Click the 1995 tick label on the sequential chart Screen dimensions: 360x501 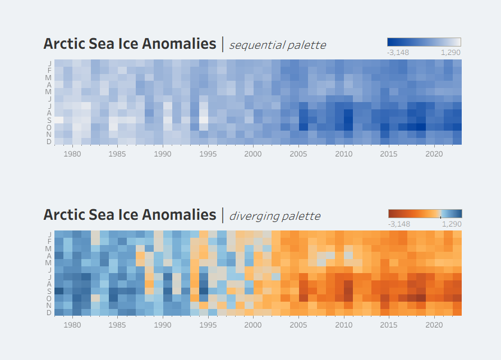208,153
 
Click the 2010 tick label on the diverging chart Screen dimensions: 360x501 343,325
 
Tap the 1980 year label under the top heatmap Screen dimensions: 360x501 72,153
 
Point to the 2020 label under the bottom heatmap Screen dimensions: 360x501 434,325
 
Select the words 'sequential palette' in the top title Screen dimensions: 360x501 277,45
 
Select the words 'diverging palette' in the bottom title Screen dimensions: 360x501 274,216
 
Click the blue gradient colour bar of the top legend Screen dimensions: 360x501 424,42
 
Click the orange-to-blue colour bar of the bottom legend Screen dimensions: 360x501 425,214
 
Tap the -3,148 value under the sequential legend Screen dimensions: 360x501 398,53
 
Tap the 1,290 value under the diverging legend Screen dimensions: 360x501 452,224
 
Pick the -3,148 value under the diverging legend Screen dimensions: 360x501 398,224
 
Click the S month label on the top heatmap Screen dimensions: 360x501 49,120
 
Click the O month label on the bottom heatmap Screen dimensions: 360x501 49,298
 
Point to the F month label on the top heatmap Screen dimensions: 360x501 49,70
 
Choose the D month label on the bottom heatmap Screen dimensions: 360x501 49,312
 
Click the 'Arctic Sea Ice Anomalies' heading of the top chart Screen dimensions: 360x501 130,44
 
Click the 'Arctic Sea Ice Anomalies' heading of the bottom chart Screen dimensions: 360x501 130,215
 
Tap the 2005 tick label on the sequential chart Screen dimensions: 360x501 298,153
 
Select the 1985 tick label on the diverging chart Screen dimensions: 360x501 117,325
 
